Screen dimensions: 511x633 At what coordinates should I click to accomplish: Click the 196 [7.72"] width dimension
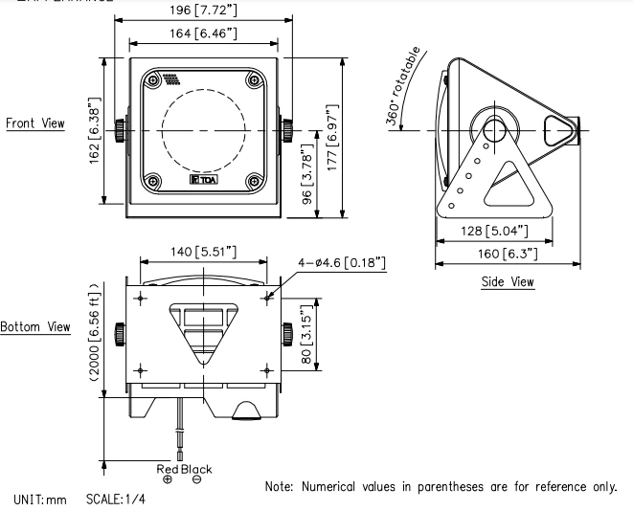coord(205,11)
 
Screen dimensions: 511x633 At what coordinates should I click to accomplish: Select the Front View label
coord(35,124)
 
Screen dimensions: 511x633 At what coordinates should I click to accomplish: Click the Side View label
coord(507,282)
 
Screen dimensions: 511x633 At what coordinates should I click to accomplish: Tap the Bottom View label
coord(35,327)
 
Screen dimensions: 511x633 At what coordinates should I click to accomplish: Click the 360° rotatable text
coord(403,87)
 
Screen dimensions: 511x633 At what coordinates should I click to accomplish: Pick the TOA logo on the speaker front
coord(201,179)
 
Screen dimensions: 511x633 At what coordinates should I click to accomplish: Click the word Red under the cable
coord(168,469)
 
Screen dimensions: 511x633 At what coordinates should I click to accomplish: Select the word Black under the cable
coord(196,469)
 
